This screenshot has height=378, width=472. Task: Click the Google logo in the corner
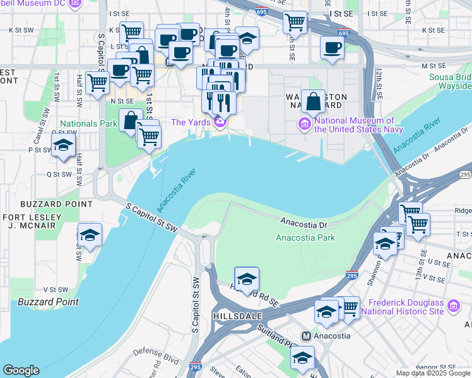pos(21,370)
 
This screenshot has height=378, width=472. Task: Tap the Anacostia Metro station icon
pos(307,336)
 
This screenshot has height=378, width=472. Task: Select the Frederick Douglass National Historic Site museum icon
pos(452,306)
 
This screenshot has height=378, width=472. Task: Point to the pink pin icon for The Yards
pos(220,122)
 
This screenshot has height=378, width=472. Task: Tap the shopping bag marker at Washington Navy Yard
pos(313,101)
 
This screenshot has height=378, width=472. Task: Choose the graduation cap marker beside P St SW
pos(63,146)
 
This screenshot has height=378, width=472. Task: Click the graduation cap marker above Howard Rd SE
pos(247,278)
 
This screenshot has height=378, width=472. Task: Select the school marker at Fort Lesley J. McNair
pos(90,235)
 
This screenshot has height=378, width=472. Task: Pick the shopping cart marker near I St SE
pos(295,22)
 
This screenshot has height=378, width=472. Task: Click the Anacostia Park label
pos(305,238)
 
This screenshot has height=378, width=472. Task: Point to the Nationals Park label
pos(88,123)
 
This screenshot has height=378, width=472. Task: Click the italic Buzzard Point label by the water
pos(49,302)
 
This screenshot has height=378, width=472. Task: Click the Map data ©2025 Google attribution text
pos(433,373)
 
